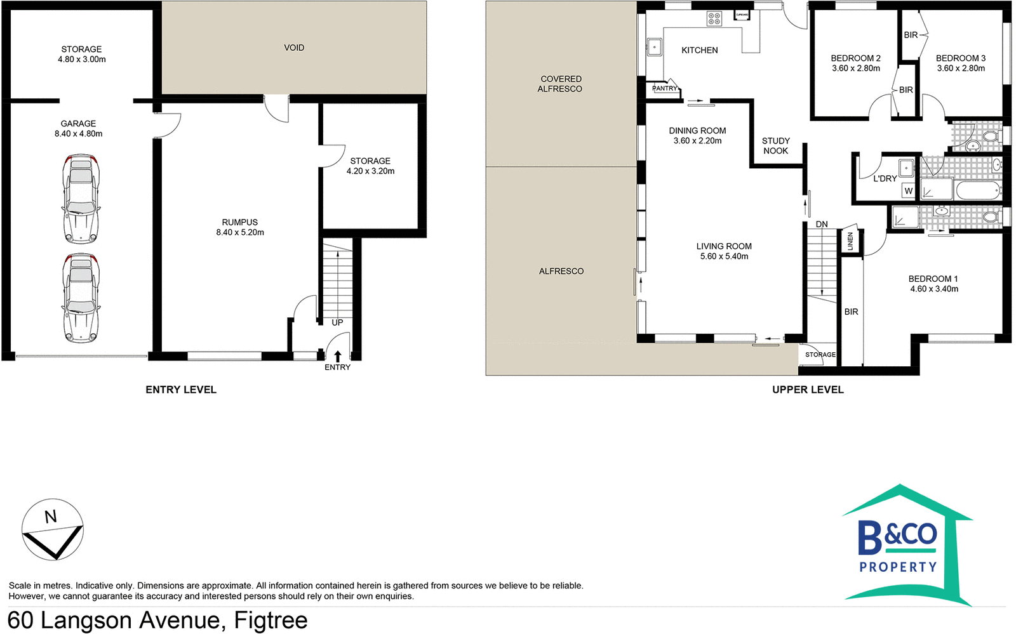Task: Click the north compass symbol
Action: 53,529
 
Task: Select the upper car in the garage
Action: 81,199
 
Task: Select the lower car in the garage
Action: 81,298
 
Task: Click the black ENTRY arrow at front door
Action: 338,357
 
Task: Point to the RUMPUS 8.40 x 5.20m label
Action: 240,227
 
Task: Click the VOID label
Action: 294,48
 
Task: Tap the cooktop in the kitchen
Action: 714,18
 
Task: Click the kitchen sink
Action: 654,47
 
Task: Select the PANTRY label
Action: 664,89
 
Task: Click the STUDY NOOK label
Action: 775,145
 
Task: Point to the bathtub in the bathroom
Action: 979,190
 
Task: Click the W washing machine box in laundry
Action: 909,190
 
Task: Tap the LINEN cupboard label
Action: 851,241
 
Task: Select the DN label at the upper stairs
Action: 822,224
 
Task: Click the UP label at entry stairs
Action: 337,322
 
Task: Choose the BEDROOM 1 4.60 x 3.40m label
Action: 933,284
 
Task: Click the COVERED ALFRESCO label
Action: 561,84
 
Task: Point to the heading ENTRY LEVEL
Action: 181,390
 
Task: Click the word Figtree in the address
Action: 271,620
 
